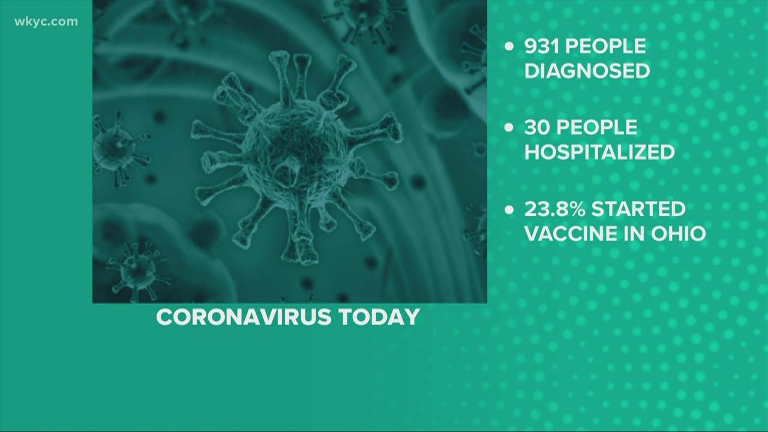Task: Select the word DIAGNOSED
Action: pyautogui.click(x=587, y=71)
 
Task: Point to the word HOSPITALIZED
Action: pyautogui.click(x=599, y=152)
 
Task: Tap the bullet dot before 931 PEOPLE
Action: pyautogui.click(x=509, y=47)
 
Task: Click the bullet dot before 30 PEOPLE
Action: pyautogui.click(x=509, y=128)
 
